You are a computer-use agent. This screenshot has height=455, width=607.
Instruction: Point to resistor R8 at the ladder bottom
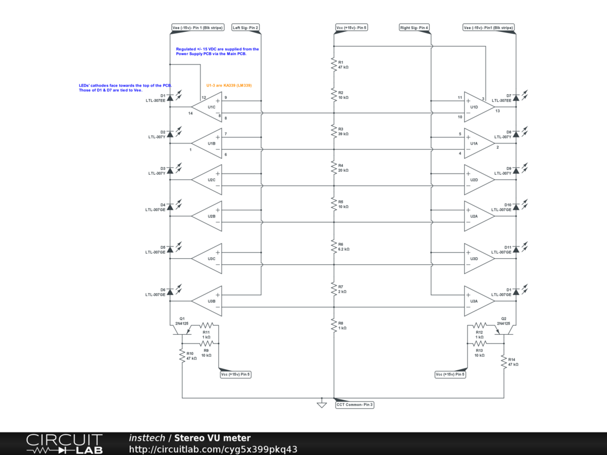[334, 325]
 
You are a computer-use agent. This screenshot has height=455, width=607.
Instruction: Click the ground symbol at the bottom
[322, 405]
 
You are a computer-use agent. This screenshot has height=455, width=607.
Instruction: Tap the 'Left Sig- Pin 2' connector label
[245, 27]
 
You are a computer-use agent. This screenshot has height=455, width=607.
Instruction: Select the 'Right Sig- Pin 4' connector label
[414, 27]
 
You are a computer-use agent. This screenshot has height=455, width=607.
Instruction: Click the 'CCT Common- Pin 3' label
[354, 405]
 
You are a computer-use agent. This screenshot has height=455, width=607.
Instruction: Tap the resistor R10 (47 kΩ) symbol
[183, 355]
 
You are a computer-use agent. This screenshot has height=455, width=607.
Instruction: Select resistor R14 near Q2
[504, 361]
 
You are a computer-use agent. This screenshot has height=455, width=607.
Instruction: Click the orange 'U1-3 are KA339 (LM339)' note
[229, 85]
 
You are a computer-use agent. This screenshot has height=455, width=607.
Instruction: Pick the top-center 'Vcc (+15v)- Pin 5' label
[352, 27]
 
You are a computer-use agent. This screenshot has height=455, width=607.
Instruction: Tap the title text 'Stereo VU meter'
[212, 438]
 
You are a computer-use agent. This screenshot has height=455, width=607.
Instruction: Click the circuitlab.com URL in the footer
[213, 449]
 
